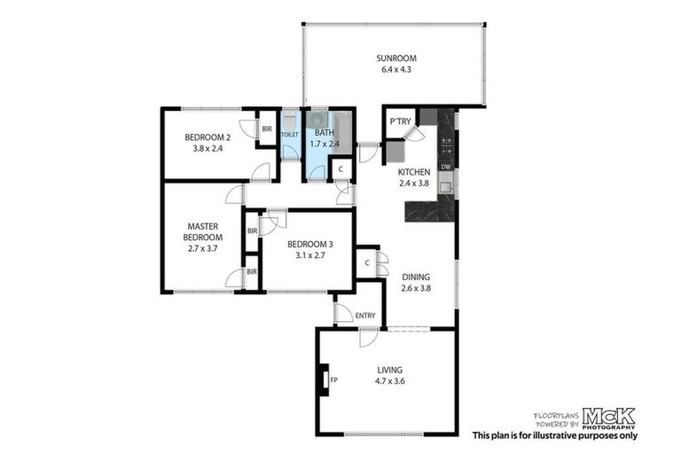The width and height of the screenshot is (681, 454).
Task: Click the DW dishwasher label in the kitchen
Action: pos(446,167)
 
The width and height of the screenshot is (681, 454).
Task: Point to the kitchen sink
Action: pos(446,184)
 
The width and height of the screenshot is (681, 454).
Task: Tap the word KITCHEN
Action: pos(413,172)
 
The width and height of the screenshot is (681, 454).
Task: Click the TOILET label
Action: pos(290,135)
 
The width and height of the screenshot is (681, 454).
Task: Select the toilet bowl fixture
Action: pos(290,121)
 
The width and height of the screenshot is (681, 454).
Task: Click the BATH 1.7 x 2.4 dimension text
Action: pos(325,143)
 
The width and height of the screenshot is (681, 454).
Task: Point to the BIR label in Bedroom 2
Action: pos(266,129)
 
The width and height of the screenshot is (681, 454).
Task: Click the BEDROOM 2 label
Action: pos(207,137)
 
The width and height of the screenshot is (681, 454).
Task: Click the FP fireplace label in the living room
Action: pos(334,381)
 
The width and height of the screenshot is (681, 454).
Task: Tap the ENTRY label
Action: pos(364,315)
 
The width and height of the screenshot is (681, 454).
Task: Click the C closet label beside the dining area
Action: pos(367,262)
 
